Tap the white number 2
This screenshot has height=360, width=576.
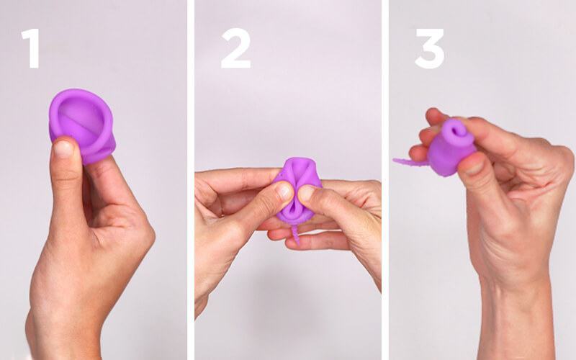tap(235, 48)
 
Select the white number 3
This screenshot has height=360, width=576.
tap(430, 48)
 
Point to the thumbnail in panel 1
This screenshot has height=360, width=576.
tap(63, 148)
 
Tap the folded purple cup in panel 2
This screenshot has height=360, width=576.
tap(296, 190)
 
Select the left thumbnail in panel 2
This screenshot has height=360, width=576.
tap(284, 191)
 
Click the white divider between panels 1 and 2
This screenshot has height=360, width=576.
tap(190, 180)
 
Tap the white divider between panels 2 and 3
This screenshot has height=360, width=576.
tap(385, 180)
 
